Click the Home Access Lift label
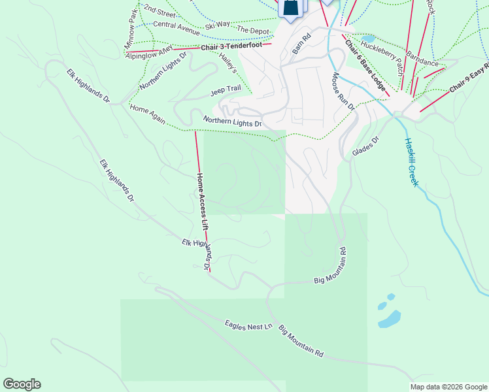click(203, 201)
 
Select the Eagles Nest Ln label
click(248, 324)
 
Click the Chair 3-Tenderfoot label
click(226, 46)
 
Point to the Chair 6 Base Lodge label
click(365, 66)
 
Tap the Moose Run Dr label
click(343, 91)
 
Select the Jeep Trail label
click(226, 91)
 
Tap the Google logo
click(22, 384)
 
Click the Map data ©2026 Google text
click(448, 387)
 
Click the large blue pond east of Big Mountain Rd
click(390, 318)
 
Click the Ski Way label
click(217, 25)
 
